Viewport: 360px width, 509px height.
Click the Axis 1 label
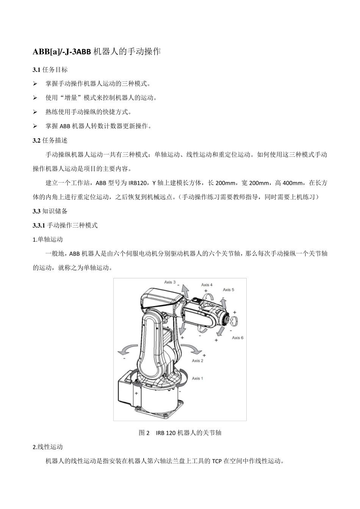point(197,378)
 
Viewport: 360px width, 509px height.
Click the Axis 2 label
point(197,361)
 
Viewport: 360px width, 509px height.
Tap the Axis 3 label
point(170,282)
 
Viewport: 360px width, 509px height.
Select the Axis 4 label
point(207,285)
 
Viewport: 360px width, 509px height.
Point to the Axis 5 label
point(229,290)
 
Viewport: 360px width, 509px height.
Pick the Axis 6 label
point(238,337)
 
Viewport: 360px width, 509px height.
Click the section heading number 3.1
point(36,70)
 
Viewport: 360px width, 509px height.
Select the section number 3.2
point(36,141)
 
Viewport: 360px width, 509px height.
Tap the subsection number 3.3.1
point(39,225)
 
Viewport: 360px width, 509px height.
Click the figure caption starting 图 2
point(180,432)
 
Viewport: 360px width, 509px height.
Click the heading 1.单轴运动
point(48,239)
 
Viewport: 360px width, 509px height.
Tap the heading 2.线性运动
point(48,447)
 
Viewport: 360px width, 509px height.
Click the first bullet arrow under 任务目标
point(35,84)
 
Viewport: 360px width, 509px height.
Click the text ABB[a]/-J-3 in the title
point(53,52)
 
